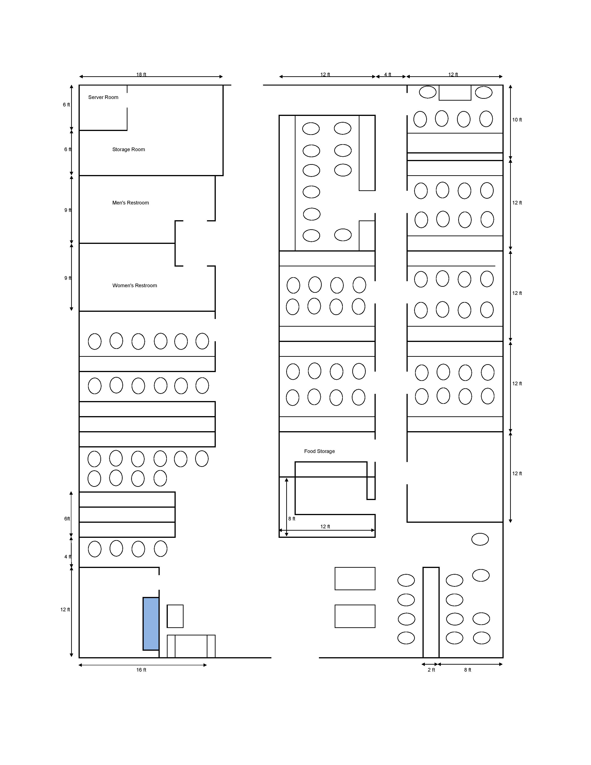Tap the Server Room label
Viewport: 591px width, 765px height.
pyautogui.click(x=103, y=97)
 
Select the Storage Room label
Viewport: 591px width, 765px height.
pyautogui.click(x=128, y=150)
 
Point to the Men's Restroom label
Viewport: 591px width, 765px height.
pyautogui.click(x=130, y=203)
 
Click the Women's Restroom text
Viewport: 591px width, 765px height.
pyautogui.click(x=135, y=285)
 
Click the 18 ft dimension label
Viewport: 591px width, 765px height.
pyautogui.click(x=141, y=75)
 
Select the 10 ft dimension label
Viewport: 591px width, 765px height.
pyautogui.click(x=517, y=120)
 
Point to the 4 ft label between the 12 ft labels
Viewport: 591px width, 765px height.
pyautogui.click(x=388, y=75)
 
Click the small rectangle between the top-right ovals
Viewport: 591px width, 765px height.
pyautogui.click(x=455, y=93)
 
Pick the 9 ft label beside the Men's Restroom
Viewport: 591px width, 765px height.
pyautogui.click(x=68, y=210)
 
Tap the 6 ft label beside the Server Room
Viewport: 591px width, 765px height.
pyautogui.click(x=67, y=105)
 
